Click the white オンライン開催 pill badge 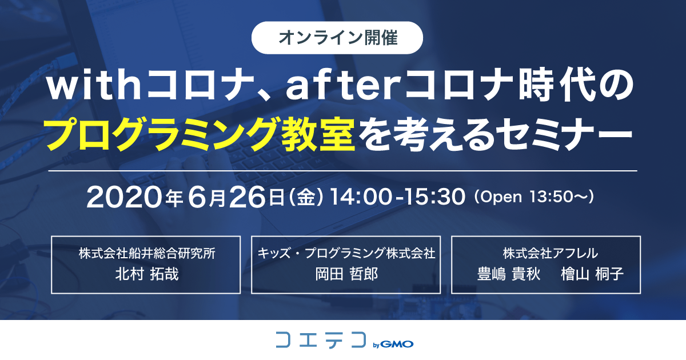coord(337,38)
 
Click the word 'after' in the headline coord(344,84)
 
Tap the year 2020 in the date coord(124,197)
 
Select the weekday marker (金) coord(306,197)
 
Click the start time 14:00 coord(361,197)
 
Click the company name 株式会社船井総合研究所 coord(147,253)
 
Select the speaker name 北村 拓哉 coord(147,274)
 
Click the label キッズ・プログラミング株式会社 coord(346,253)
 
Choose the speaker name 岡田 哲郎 coord(346,274)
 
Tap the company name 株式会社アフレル coord(551,253)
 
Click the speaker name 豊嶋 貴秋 coord(509,274)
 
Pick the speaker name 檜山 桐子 coord(592,274)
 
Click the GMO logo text coord(397,344)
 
